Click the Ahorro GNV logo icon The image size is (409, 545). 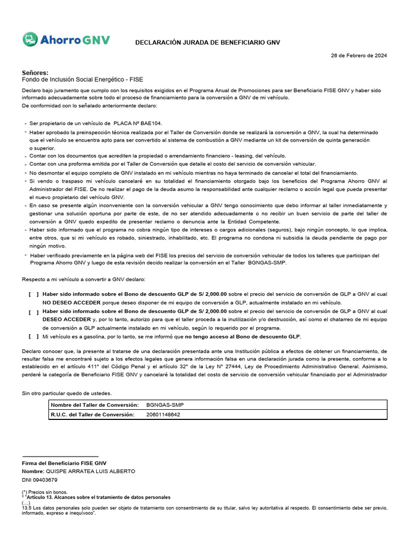coord(30,39)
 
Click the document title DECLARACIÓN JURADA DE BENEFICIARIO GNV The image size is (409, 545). coord(207,42)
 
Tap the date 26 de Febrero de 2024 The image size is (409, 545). coord(358,55)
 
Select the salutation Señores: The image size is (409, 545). coord(35,72)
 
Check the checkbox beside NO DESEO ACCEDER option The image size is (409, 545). coord(34,294)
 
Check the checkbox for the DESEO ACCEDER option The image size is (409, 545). coord(34,311)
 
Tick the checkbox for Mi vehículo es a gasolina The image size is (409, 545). coord(34,336)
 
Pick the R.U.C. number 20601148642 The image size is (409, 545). coord(163,415)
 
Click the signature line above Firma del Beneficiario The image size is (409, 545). coord(60,456)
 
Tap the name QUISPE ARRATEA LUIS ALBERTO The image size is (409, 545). coord(93,472)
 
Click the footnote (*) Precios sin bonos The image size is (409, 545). coord(44,492)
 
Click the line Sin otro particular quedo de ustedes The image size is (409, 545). coord(67,393)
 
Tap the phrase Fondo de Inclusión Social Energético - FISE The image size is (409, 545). coord(82,79)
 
